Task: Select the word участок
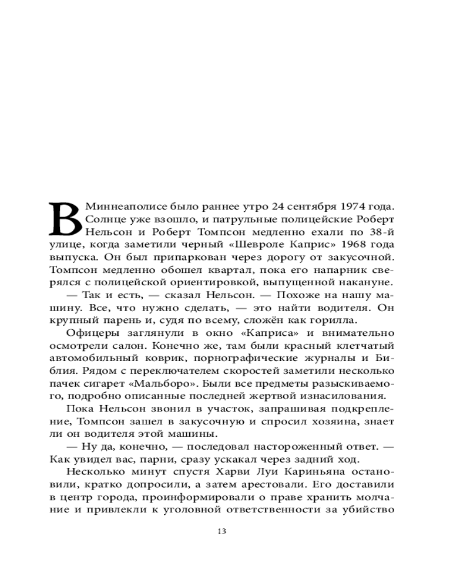(x=187, y=409)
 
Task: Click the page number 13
(x=221, y=532)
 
